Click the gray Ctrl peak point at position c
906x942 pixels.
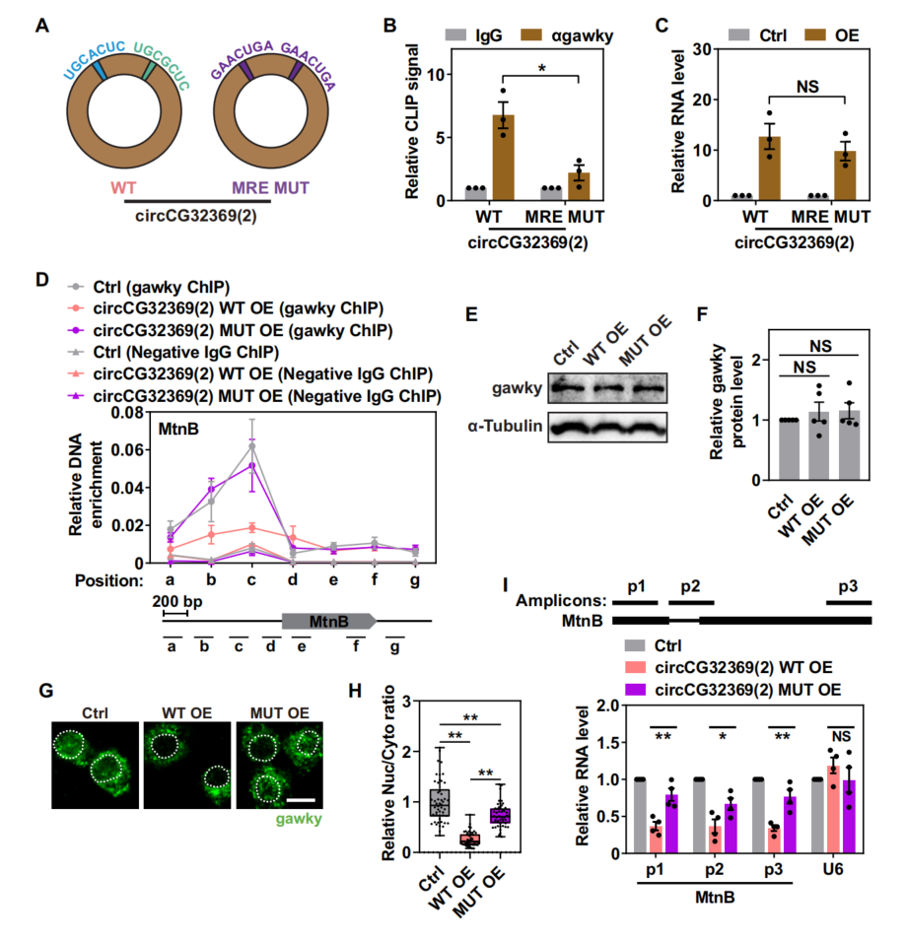[x=252, y=445]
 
